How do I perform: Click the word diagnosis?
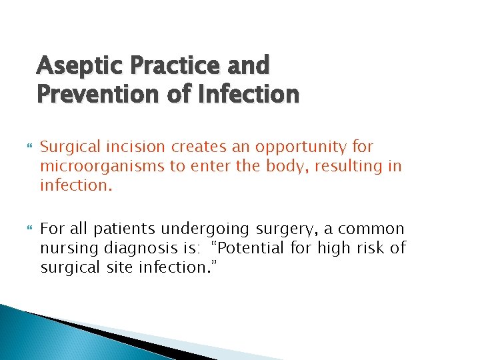tap(133, 248)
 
